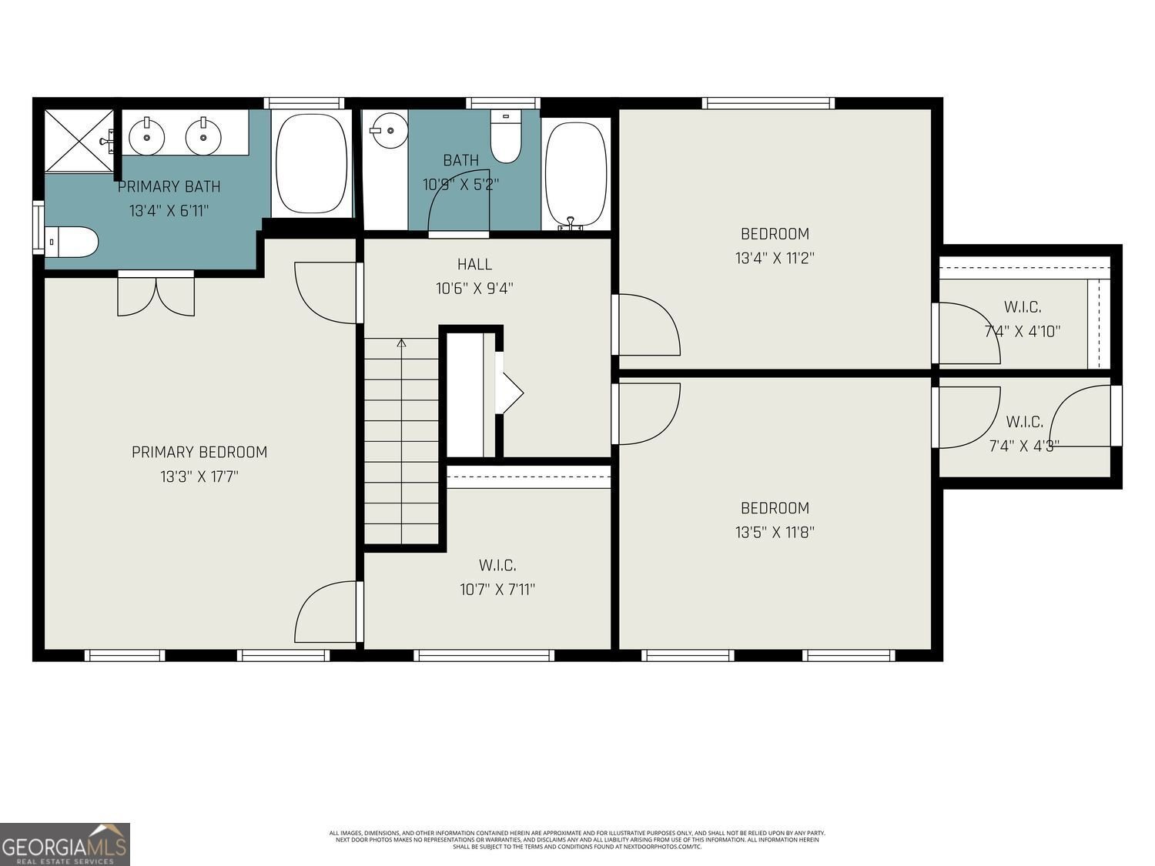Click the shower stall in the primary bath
[79, 141]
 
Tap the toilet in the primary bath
[72, 242]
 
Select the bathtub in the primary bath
[311, 164]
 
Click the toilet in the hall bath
[506, 138]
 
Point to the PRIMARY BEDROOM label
[199, 452]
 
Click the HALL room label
[474, 264]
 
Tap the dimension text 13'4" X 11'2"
[775, 258]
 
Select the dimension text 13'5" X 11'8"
[775, 532]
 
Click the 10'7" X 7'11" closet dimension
[497, 590]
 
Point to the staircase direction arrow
[401, 343]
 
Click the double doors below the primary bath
[156, 296]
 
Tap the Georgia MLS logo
[65, 844]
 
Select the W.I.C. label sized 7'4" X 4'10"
[1023, 307]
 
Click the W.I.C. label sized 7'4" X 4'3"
[1024, 422]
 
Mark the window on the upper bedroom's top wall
[768, 103]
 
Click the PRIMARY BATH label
[169, 186]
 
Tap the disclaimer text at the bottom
[577, 839]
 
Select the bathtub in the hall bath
[575, 174]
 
